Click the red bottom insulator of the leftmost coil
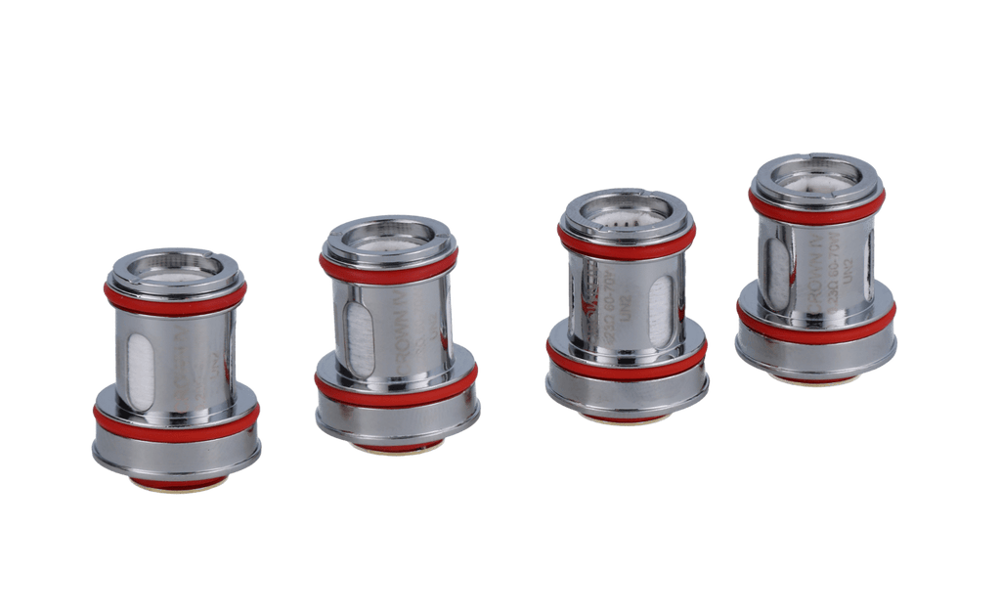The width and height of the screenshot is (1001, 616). pos(176,484)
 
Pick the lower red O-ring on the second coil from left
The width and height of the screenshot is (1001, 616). pos(396,388)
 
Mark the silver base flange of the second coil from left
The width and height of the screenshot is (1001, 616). pos(396,420)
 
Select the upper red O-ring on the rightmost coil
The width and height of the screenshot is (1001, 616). pos(816,204)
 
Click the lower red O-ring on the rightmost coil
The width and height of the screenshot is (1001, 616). pos(816,322)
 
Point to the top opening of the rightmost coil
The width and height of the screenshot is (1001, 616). pos(816,173)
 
